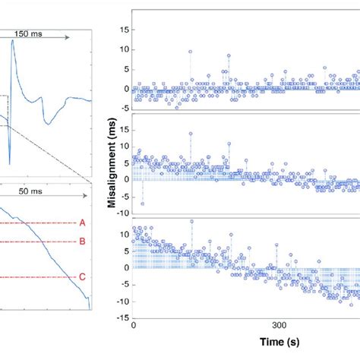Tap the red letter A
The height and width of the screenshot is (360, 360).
[82, 223]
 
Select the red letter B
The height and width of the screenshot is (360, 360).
[82, 242]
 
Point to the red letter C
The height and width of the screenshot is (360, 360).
[82, 277]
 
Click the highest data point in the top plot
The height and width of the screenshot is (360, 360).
[190, 52]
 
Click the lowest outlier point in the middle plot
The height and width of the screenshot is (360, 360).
[142, 204]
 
